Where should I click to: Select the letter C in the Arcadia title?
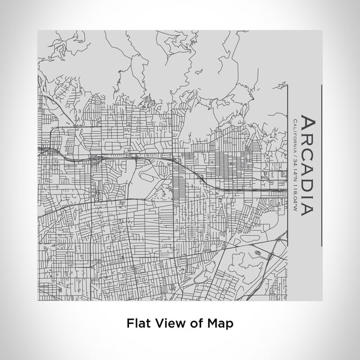306,154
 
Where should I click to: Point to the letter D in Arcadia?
306,184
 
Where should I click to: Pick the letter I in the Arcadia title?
306,195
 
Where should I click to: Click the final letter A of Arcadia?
306,208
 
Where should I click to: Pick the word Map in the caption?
220,323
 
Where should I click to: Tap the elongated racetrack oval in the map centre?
146,179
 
